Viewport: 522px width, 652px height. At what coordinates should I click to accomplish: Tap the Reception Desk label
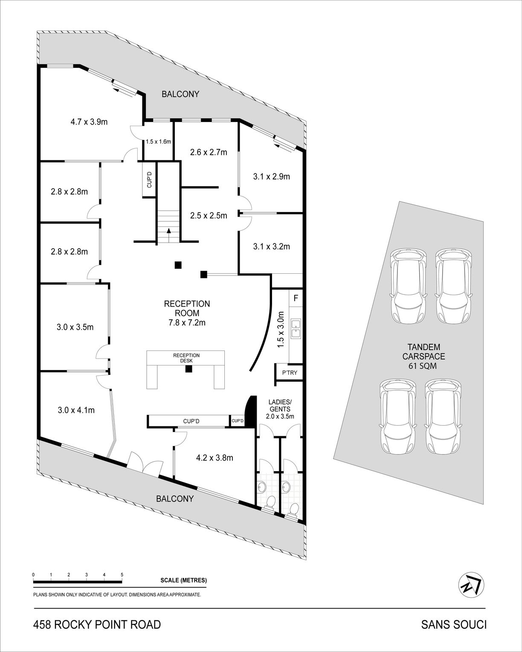point(186,358)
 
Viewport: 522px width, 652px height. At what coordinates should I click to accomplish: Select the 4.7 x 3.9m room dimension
point(89,122)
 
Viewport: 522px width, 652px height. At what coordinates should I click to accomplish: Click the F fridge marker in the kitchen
point(296,298)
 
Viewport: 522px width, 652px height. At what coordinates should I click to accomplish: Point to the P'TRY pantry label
point(290,373)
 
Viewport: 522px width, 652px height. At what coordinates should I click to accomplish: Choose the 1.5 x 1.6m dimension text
point(159,142)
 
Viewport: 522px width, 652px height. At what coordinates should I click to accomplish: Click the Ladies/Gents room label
point(280,409)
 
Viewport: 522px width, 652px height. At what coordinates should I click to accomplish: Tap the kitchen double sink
point(296,328)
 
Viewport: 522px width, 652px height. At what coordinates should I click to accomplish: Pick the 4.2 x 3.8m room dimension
point(215,458)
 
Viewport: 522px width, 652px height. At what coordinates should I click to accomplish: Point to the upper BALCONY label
point(180,94)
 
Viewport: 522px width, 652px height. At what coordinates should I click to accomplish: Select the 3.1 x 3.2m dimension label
point(272,246)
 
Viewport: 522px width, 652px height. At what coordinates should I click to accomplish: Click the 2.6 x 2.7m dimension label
point(209,152)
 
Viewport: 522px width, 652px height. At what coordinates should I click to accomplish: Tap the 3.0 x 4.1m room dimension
point(76,410)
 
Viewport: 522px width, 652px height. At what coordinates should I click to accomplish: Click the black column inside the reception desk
point(189,369)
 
